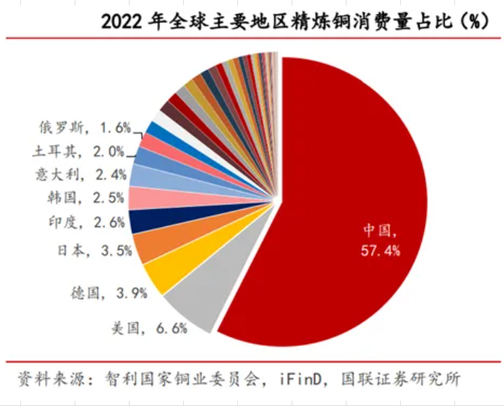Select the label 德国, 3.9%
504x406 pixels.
pyautogui.click(x=119, y=293)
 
